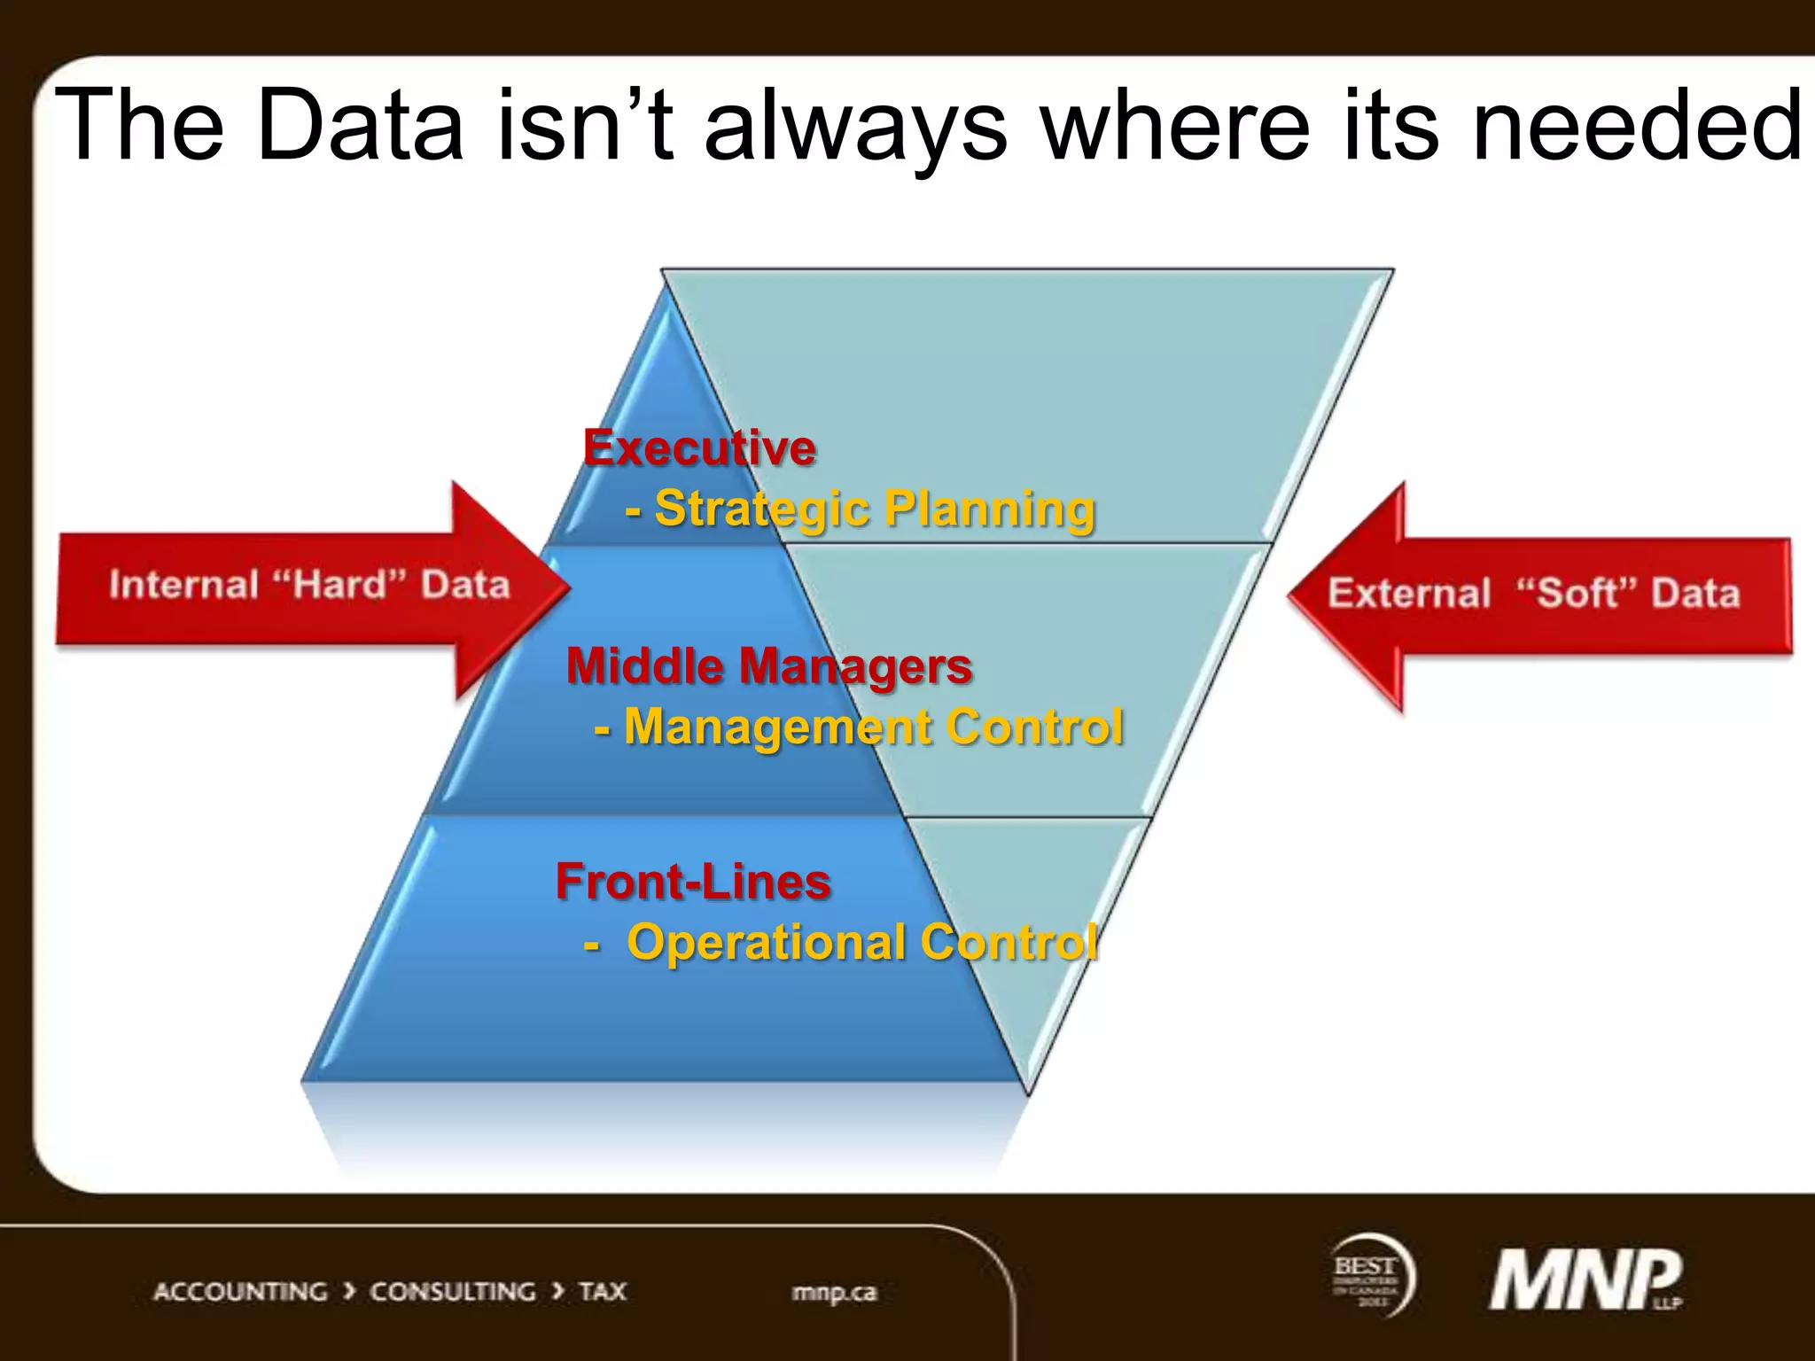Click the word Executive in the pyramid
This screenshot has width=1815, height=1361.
pyautogui.click(x=699, y=447)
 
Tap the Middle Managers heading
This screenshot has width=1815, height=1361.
pyautogui.click(x=768, y=666)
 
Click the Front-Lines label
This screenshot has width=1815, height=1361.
pyautogui.click(x=693, y=883)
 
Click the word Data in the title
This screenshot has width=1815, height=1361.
pyautogui.click(x=360, y=126)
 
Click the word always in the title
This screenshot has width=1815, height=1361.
pyautogui.click(x=854, y=126)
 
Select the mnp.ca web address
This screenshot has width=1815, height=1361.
pyautogui.click(x=834, y=1293)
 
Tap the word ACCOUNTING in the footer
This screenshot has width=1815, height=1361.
pyautogui.click(x=240, y=1292)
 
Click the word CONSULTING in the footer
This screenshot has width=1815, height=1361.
pyautogui.click(x=452, y=1292)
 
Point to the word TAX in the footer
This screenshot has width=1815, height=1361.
pyautogui.click(x=603, y=1292)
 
